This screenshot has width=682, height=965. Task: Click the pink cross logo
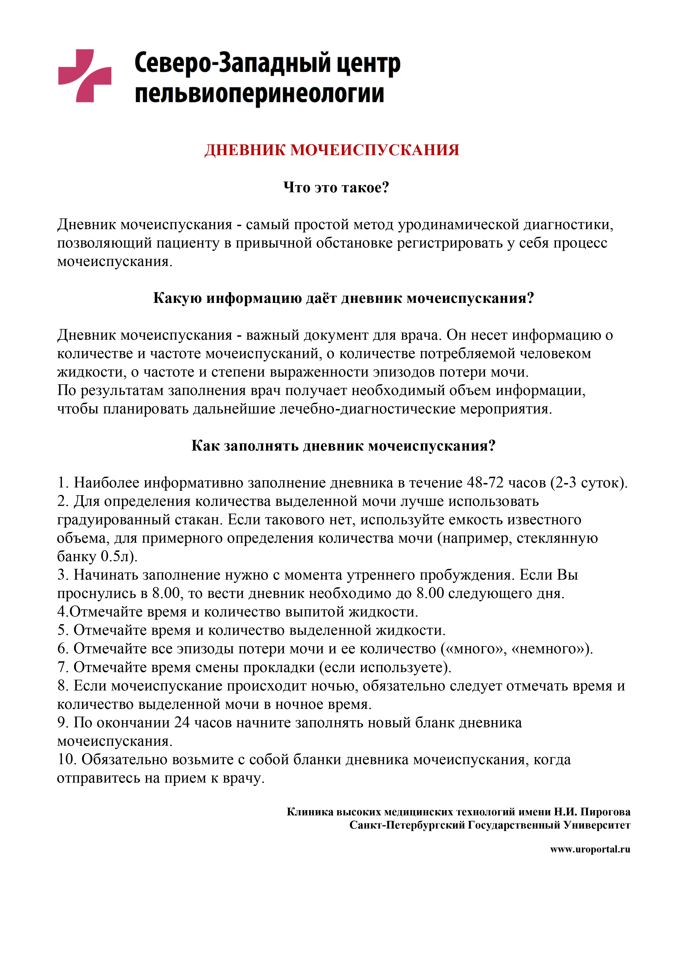(x=84, y=76)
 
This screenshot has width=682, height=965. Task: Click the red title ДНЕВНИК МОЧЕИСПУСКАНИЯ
(x=332, y=150)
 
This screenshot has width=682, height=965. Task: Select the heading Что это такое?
(x=336, y=187)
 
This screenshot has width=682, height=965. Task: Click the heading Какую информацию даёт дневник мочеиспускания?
(x=343, y=298)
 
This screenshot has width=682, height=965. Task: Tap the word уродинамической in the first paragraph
(x=458, y=224)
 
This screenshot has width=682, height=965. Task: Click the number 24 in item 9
(x=182, y=722)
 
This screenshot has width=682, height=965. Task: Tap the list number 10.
(x=66, y=760)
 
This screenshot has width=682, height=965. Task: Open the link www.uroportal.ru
(x=590, y=849)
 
